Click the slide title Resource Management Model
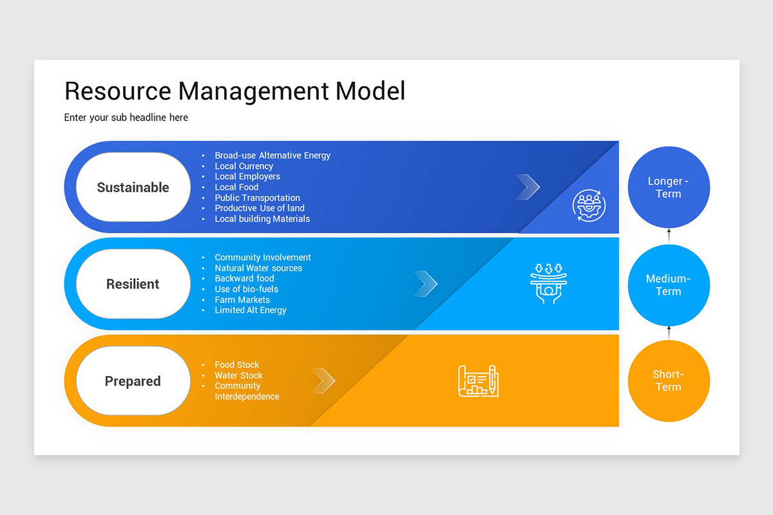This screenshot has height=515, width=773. [x=235, y=91]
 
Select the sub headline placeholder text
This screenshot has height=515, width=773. [x=126, y=118]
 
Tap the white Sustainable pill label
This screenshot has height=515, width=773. [x=133, y=187]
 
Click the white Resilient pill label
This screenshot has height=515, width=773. [x=133, y=284]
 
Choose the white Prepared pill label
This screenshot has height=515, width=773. [x=133, y=381]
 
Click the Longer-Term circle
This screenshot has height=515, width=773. [x=669, y=187]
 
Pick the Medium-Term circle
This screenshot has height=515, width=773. [x=669, y=285]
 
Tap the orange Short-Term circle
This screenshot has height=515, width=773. [x=669, y=380]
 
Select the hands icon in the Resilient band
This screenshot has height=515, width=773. [x=548, y=283]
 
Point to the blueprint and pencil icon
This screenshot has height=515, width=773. [x=479, y=380]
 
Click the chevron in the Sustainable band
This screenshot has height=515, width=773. [x=528, y=187]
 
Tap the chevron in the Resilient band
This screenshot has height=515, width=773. [x=426, y=283]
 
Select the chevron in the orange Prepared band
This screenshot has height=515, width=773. [x=323, y=380]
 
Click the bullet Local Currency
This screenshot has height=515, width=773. [x=243, y=166]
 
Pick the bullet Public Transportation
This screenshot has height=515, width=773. [x=257, y=198]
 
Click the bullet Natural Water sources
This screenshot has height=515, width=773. [x=258, y=268]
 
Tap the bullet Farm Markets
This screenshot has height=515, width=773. [x=242, y=300]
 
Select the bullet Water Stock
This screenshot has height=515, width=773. [x=238, y=375]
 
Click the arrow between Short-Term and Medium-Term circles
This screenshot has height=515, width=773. [x=669, y=333]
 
